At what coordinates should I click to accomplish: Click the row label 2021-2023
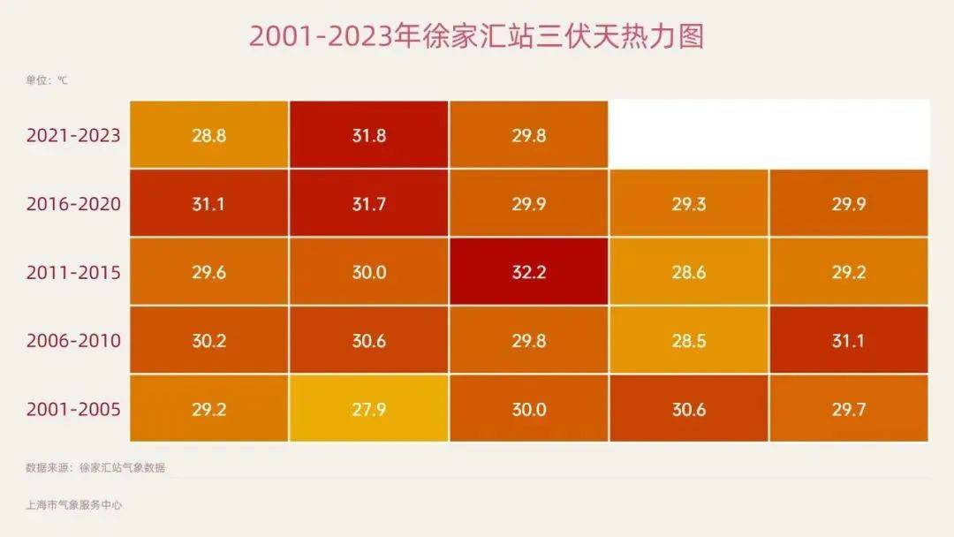(x=73, y=136)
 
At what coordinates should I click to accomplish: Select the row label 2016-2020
(x=73, y=204)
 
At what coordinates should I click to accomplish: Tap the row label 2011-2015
(x=73, y=272)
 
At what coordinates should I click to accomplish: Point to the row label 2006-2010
(x=73, y=340)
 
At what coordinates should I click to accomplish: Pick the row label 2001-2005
(x=73, y=409)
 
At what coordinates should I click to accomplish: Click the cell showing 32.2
(x=528, y=272)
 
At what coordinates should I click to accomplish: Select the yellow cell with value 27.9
(x=368, y=409)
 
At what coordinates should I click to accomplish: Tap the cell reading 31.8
(x=368, y=136)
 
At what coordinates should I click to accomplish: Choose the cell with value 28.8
(x=208, y=136)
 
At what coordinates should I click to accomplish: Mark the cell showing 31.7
(x=368, y=204)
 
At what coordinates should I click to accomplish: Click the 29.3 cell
(x=688, y=204)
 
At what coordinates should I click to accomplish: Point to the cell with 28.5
(x=688, y=340)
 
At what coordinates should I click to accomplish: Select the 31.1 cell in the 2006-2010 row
(x=848, y=340)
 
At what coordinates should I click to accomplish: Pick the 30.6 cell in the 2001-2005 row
(x=688, y=409)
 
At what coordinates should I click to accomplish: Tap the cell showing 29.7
(x=848, y=409)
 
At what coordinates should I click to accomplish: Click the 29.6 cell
(x=208, y=272)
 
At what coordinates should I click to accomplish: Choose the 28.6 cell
(x=688, y=272)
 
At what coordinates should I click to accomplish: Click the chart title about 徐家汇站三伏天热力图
(x=476, y=37)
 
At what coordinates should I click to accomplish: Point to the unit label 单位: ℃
(x=47, y=80)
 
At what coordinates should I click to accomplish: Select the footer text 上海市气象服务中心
(x=74, y=505)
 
